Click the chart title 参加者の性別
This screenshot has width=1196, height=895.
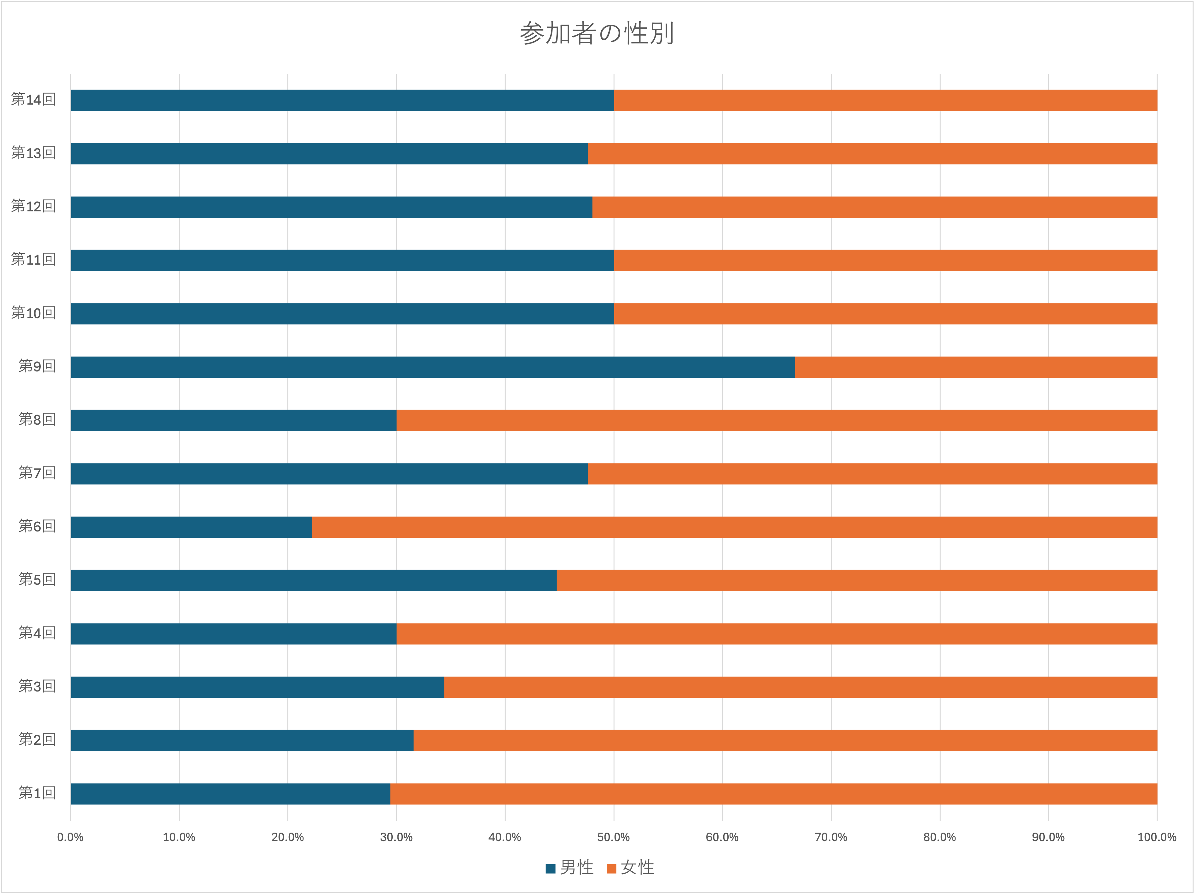(597, 33)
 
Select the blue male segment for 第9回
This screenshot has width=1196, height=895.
(433, 367)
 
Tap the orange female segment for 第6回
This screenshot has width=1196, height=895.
(734, 527)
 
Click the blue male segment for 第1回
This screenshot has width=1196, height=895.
(230, 793)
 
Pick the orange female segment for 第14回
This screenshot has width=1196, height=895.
(885, 100)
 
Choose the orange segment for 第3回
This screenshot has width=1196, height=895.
(800, 687)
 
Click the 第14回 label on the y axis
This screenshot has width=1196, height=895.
(33, 100)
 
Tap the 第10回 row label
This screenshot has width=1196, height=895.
(33, 313)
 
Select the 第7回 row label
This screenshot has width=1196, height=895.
(37, 473)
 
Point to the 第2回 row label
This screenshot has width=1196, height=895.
(37, 739)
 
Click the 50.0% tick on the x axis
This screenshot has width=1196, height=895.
(613, 837)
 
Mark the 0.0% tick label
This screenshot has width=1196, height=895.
(70, 837)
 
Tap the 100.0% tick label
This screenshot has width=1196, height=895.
(1157, 837)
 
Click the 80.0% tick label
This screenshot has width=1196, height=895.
(939, 837)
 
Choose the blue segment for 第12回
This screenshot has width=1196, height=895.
(332, 207)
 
